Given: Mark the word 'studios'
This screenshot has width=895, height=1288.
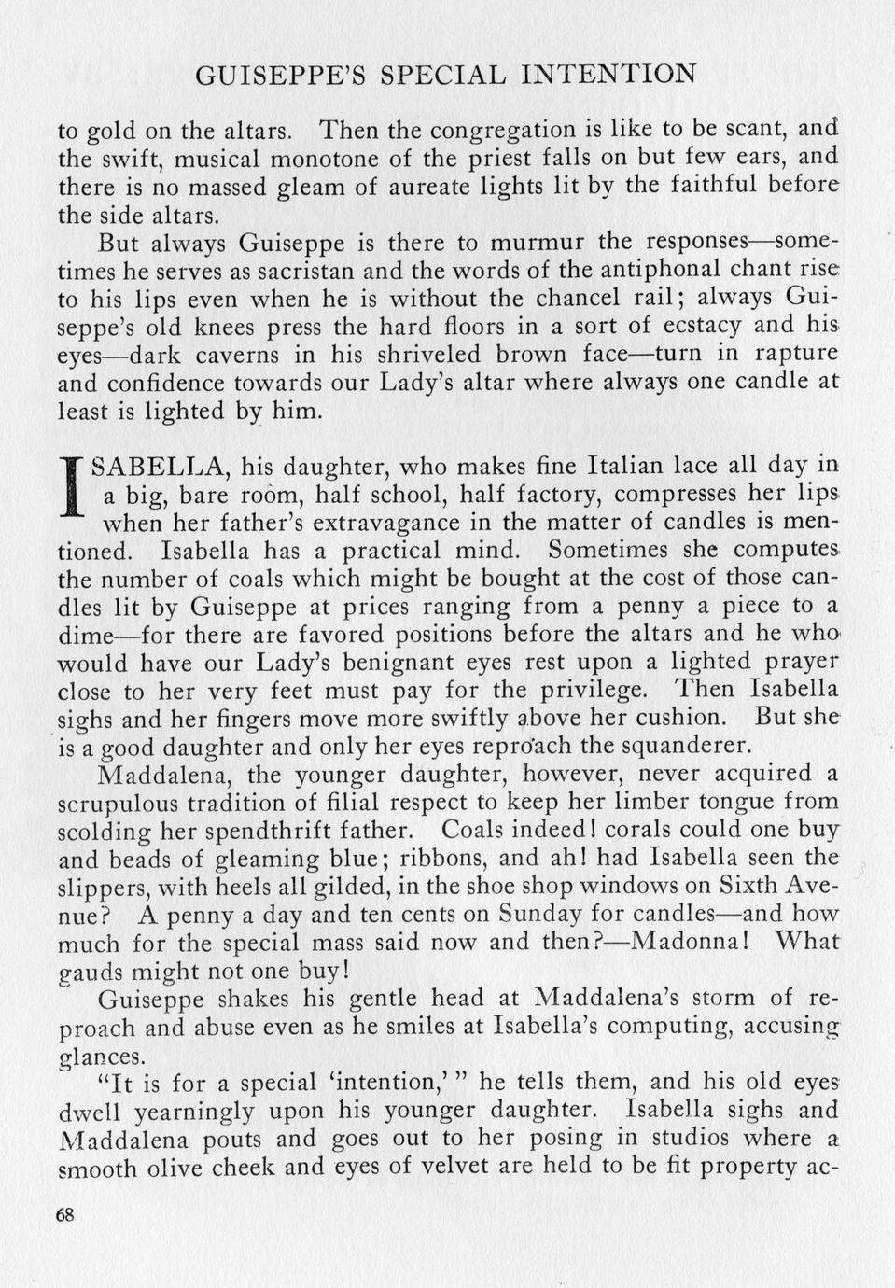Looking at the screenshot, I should coord(650,1139).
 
